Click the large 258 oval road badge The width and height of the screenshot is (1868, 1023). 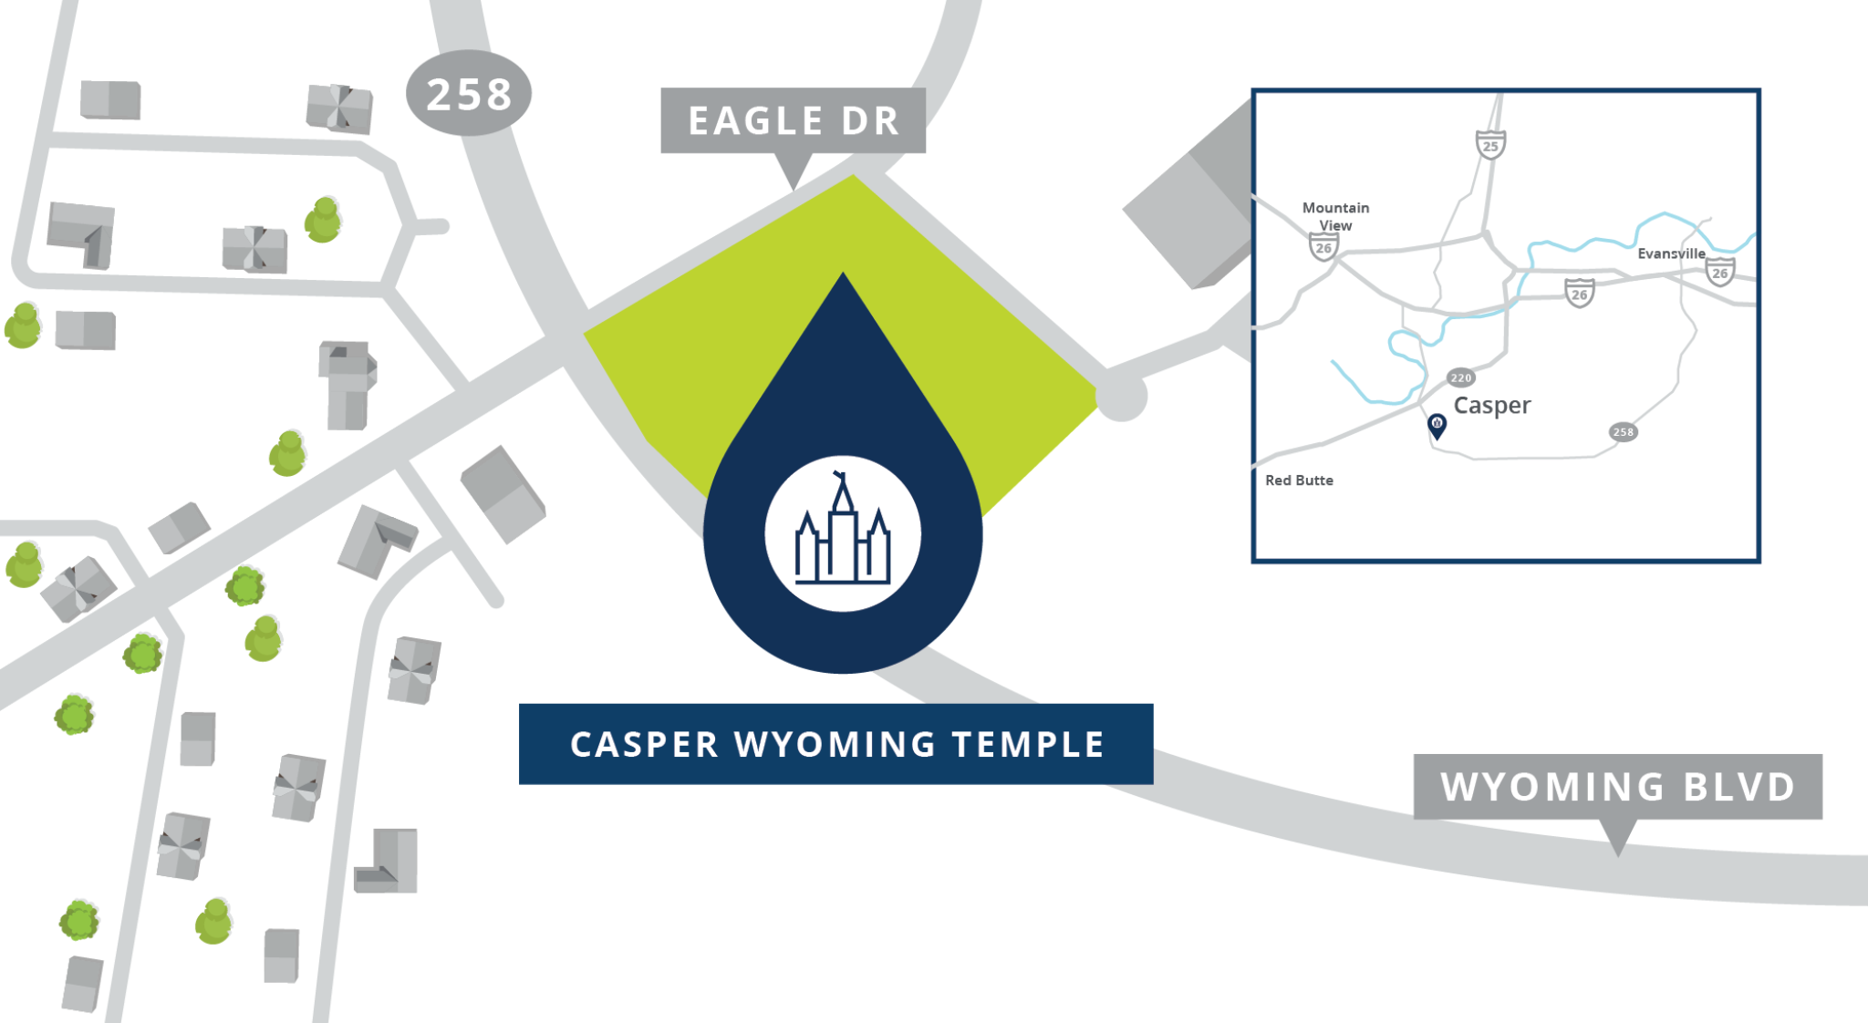(x=468, y=93)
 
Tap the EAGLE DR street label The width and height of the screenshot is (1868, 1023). (x=793, y=120)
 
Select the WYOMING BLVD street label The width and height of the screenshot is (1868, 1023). (x=1617, y=786)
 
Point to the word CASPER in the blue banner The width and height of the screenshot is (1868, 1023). (x=644, y=744)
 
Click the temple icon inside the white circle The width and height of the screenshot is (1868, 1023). (x=843, y=534)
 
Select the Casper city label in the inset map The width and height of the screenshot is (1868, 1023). (x=1491, y=405)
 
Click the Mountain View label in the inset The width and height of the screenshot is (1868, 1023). (x=1335, y=216)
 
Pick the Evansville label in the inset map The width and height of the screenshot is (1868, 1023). (x=1671, y=253)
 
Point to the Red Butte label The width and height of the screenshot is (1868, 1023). (x=1299, y=480)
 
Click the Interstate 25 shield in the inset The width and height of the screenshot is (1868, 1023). (x=1490, y=144)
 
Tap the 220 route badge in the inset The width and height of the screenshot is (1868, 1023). (x=1460, y=377)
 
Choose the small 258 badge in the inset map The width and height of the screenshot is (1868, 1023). (x=1623, y=432)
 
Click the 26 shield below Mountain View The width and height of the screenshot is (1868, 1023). (x=1323, y=247)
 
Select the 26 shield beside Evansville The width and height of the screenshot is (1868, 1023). (x=1719, y=272)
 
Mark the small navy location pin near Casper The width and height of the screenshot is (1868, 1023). (x=1437, y=425)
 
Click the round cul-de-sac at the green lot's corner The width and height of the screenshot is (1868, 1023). (x=1120, y=398)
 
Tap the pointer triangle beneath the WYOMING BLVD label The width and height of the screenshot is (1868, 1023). (x=1618, y=836)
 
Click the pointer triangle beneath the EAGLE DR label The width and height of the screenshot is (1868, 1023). (x=794, y=170)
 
